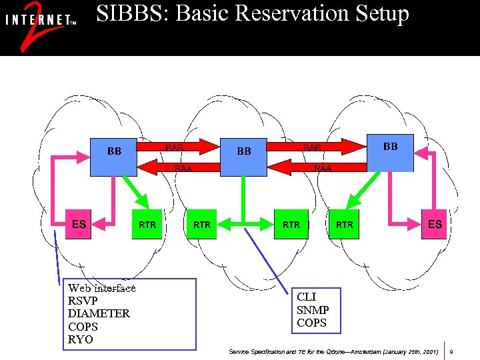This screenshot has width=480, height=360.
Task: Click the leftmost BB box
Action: pos(114,157)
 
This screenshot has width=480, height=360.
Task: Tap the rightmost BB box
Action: pos(391,152)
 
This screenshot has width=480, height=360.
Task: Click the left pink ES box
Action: pos(79,224)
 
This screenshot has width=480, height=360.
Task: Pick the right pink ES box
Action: pos(435,224)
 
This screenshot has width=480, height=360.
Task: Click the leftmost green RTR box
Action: pos(147,225)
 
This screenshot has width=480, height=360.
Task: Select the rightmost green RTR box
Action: pos(345,225)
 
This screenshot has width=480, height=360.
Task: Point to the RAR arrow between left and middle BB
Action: pos(179,146)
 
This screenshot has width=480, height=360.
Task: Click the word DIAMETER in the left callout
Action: pos(99,313)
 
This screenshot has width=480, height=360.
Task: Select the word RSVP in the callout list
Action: pos(83,301)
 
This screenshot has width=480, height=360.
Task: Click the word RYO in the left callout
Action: pos(81,339)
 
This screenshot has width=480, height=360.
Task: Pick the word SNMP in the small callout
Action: pos(313,310)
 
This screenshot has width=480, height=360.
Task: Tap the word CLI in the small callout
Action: pos(307,297)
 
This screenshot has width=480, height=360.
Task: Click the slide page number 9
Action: pos(452,351)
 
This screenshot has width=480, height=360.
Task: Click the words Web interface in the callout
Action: pos(102,288)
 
